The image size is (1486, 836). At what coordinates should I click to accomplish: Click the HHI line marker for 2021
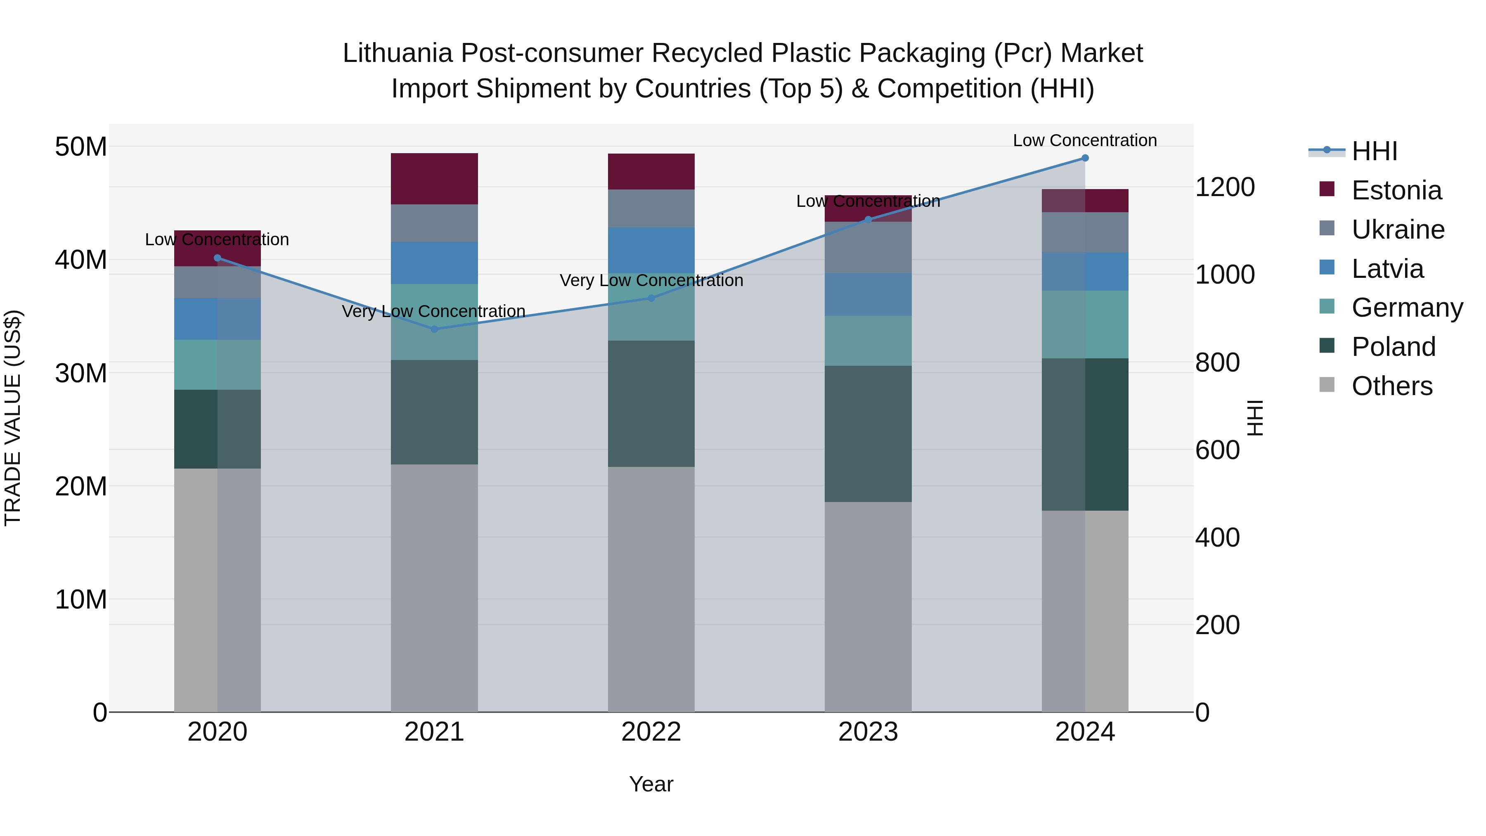[x=434, y=329]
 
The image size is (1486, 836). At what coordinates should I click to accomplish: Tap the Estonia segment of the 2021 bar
[x=434, y=178]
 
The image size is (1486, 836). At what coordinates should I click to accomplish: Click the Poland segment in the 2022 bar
[x=651, y=403]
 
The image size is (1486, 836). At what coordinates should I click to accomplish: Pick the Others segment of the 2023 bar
[x=868, y=606]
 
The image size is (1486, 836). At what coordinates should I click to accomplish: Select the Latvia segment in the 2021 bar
[x=434, y=263]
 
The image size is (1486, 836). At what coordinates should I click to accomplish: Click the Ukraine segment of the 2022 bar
[x=651, y=208]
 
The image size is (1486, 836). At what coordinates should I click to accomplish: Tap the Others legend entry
[x=1391, y=386]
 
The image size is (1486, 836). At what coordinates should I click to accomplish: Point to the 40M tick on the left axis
[x=81, y=260]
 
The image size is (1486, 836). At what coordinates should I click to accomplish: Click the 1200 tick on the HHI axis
[x=1224, y=187]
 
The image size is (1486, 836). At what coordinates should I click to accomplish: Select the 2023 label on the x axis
[x=868, y=732]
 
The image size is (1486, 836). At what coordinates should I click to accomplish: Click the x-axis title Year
[x=651, y=784]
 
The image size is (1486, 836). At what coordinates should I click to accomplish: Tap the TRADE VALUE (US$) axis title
[x=13, y=418]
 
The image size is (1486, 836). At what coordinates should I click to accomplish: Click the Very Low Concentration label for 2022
[x=651, y=280]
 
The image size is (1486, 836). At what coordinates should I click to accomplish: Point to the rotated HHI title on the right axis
[x=1255, y=418]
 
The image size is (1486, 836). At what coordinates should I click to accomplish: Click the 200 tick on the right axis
[x=1217, y=625]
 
